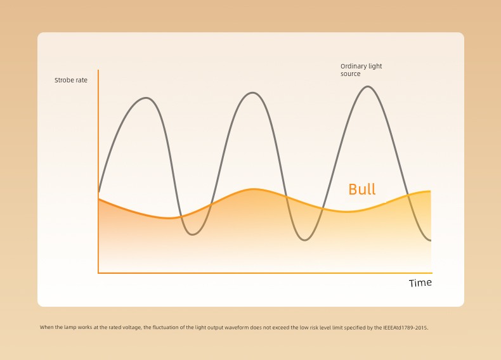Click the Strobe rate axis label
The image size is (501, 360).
(x=71, y=80)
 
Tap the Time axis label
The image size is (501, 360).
(x=420, y=283)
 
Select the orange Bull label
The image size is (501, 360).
(x=361, y=189)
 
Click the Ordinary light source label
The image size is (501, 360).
(x=361, y=70)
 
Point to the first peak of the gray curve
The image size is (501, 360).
(x=146, y=98)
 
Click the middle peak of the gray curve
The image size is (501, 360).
(x=252, y=93)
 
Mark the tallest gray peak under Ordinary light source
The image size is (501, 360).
(x=368, y=87)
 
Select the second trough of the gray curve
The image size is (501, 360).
(x=305, y=240)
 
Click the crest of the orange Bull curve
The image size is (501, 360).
(x=254, y=190)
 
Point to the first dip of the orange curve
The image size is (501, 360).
(x=169, y=218)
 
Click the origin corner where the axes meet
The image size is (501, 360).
(x=98, y=273)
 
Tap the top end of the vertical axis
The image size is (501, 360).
(x=98, y=70)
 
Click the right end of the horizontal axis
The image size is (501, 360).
(x=432, y=273)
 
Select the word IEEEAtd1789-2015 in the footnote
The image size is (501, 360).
(x=405, y=328)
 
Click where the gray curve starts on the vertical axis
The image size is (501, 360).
(x=99, y=191)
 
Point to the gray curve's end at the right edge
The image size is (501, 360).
(x=431, y=240)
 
